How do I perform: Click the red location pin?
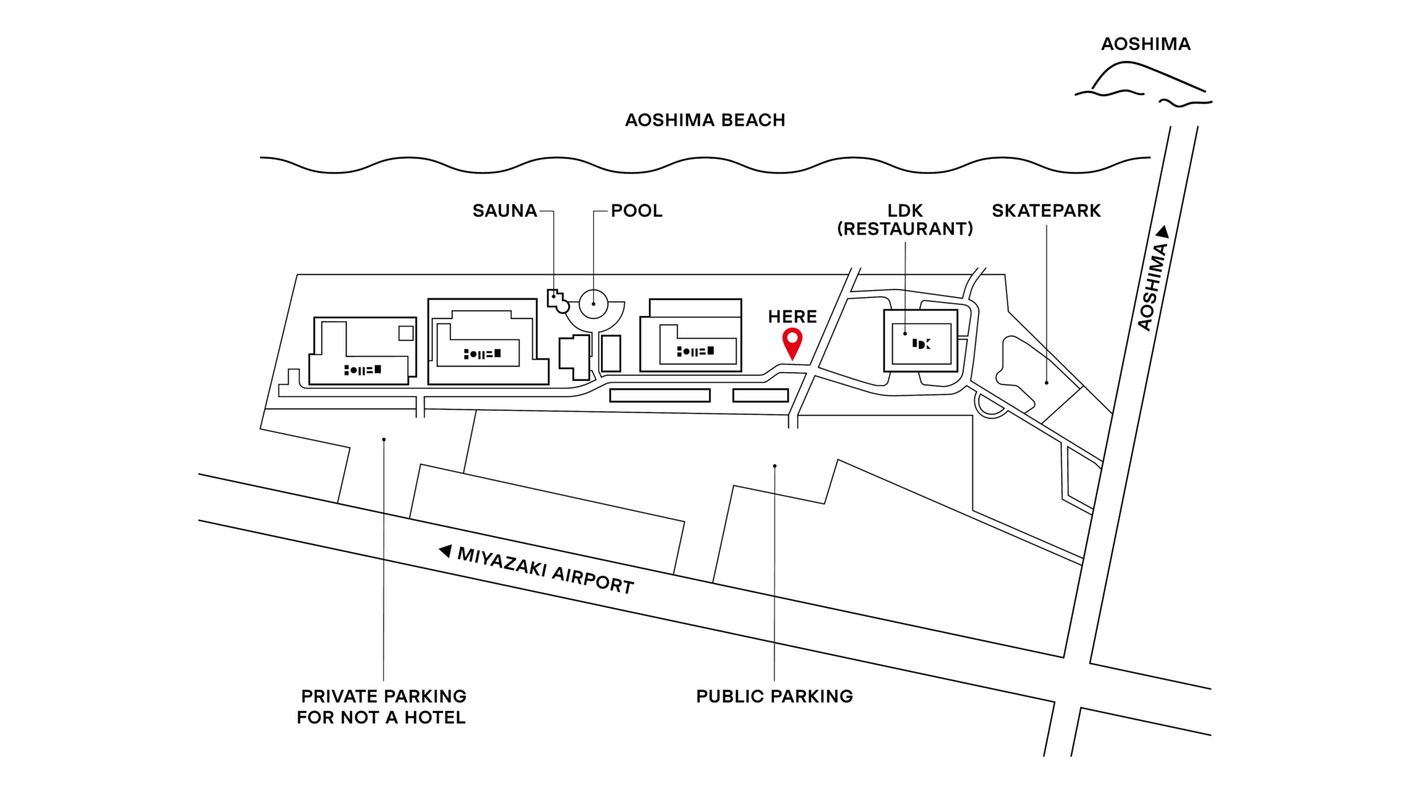pyautogui.click(x=792, y=343)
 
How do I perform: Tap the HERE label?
pyautogui.click(x=792, y=317)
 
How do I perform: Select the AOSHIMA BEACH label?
pyautogui.click(x=705, y=120)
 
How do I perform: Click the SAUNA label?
pyautogui.click(x=505, y=211)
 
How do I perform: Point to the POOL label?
pyautogui.click(x=636, y=211)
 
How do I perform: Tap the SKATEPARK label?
pyautogui.click(x=1046, y=211)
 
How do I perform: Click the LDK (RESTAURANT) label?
pyautogui.click(x=905, y=220)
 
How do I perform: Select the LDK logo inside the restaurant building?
pyautogui.click(x=922, y=343)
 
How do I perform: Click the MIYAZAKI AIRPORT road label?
pyautogui.click(x=545, y=571)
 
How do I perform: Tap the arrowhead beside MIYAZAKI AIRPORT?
pyautogui.click(x=445, y=551)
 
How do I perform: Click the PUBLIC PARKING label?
pyautogui.click(x=775, y=696)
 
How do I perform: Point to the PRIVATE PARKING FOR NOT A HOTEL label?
pyautogui.click(x=381, y=707)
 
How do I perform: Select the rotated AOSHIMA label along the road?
pyautogui.click(x=1152, y=287)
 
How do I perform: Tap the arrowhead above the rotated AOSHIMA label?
pyautogui.click(x=1163, y=232)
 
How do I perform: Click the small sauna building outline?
pyautogui.click(x=558, y=301)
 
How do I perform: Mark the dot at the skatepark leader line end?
pyautogui.click(x=1046, y=383)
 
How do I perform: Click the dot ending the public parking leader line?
pyautogui.click(x=775, y=466)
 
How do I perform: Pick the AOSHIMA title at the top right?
pyautogui.click(x=1146, y=44)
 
